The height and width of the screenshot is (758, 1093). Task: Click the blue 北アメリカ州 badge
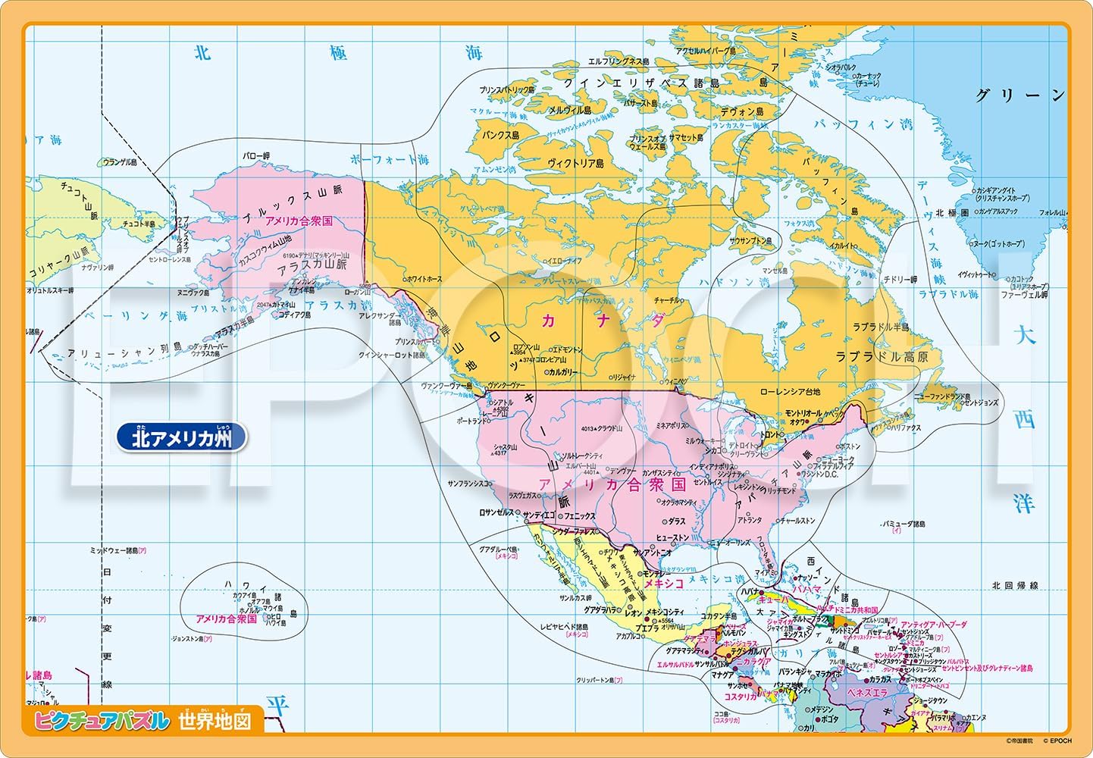click(181, 438)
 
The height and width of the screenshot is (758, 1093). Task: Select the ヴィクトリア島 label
click(575, 163)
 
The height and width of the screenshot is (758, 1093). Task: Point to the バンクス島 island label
click(501, 135)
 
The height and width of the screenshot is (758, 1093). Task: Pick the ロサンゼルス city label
click(496, 512)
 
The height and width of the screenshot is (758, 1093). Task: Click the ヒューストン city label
click(672, 537)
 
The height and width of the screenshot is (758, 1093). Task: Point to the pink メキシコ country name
click(664, 583)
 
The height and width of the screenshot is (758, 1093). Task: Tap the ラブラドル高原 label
click(882, 356)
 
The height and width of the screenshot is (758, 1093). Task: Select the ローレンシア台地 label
click(790, 392)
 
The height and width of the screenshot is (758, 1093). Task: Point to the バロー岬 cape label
click(255, 156)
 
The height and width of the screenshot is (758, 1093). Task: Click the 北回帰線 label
click(1015, 586)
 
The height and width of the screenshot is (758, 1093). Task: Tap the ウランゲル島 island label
click(120, 162)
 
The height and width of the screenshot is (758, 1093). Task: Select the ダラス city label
click(676, 522)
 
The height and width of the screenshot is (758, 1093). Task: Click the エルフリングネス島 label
click(618, 61)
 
